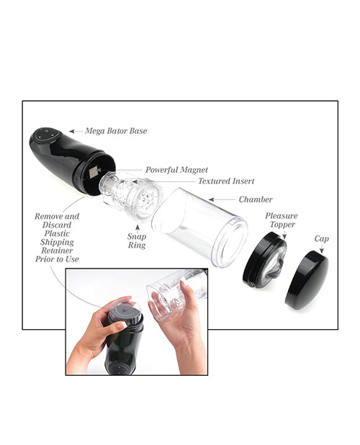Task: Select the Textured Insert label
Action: (226, 181)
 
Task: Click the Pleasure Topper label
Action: (281, 220)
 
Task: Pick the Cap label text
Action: (321, 238)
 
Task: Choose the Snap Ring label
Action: (136, 241)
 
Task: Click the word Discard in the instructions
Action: (58, 225)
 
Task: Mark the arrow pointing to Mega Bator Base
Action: (75, 132)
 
